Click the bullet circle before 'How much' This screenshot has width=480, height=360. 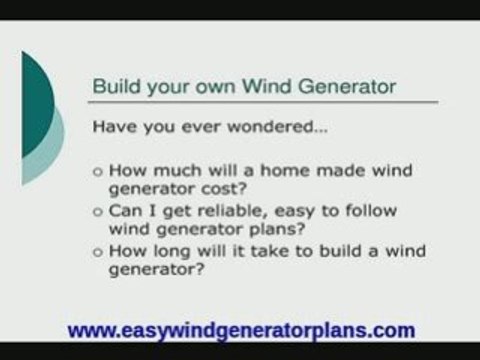[97, 172]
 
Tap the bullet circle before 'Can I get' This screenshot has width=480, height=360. [97, 212]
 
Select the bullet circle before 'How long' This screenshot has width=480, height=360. [97, 252]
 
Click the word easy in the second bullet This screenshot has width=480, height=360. [290, 211]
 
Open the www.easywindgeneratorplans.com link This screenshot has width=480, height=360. [240, 329]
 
